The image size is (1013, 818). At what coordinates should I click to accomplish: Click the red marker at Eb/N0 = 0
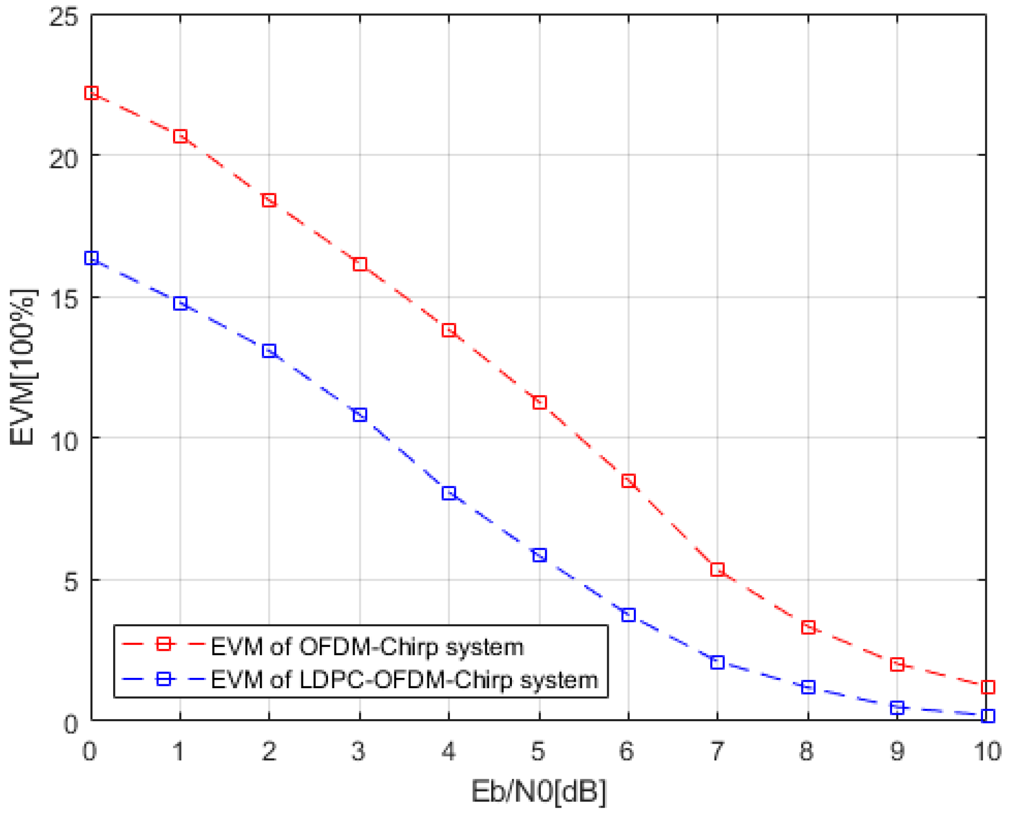point(91,93)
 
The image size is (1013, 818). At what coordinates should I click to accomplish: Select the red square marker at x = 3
point(360,264)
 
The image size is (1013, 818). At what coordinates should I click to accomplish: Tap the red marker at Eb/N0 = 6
point(628,481)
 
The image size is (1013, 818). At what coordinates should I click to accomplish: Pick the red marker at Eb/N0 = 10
point(987,687)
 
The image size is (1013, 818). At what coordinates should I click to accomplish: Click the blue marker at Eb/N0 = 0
point(91,258)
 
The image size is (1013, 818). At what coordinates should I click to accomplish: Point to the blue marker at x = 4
point(449,493)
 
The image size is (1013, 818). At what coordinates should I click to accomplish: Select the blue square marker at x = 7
point(717,663)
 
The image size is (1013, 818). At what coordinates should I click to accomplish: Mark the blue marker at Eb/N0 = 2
point(269,351)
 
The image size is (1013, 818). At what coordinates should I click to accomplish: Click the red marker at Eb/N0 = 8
point(808,628)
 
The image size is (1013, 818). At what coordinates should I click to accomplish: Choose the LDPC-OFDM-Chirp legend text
point(404,680)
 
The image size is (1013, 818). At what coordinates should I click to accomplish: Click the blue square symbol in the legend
point(164,679)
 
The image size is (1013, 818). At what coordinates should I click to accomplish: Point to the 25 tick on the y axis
point(64,18)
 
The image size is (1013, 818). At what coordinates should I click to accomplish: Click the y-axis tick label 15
point(64,299)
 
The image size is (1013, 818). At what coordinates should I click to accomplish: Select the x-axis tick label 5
point(538,751)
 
